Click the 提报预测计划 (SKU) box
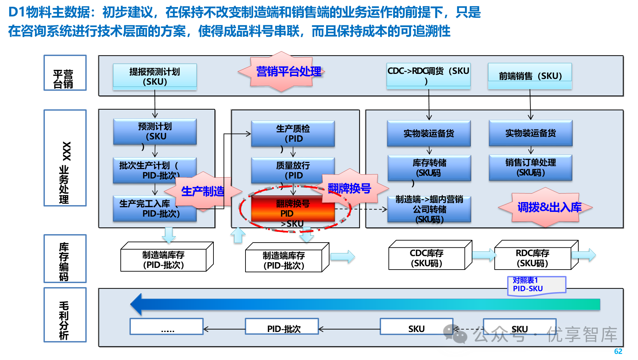tap(155, 77)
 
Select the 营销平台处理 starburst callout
tap(281, 72)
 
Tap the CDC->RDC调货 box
tap(428, 76)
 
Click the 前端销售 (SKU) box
tap(530, 76)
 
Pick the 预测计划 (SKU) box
tap(155, 132)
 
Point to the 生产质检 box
tap(293, 134)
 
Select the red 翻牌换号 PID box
tap(293, 209)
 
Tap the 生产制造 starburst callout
tap(203, 191)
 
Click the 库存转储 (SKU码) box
tap(429, 168)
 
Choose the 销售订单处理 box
tap(530, 167)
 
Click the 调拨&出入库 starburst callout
tap(546, 207)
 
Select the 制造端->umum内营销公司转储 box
tap(429, 209)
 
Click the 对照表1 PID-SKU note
tap(536, 285)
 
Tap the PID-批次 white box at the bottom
tap(282, 327)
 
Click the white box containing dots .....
tap(167, 327)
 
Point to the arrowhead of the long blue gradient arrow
tap(136, 304)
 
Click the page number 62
tap(618, 351)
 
